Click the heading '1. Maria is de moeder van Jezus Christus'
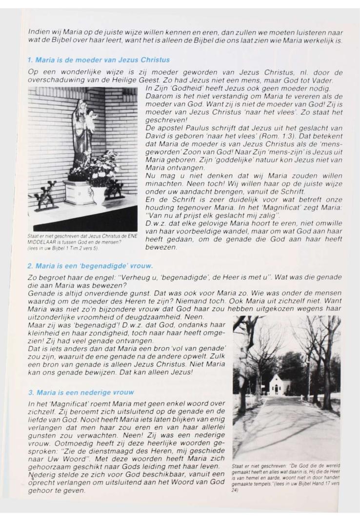tap(99, 60)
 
